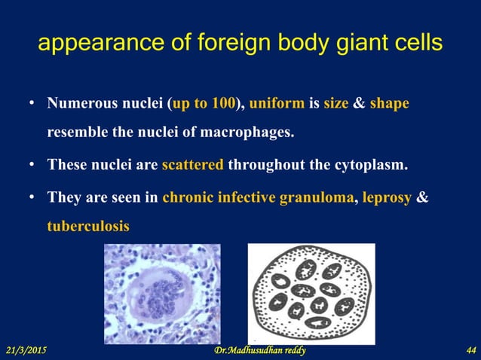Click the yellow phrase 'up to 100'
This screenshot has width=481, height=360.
coord(203,102)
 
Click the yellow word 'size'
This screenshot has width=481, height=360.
coord(335,102)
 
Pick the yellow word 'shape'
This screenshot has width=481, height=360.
coord(389,102)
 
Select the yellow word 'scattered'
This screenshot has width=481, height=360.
coord(192,164)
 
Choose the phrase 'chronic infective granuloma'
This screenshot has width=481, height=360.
coord(257,198)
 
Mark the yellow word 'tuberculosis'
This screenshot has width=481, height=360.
coord(87,226)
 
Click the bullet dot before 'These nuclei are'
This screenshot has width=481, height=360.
coord(32,165)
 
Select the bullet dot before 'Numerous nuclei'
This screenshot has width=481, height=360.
coord(32,103)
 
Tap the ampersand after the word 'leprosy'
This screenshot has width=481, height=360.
coord(423,198)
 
